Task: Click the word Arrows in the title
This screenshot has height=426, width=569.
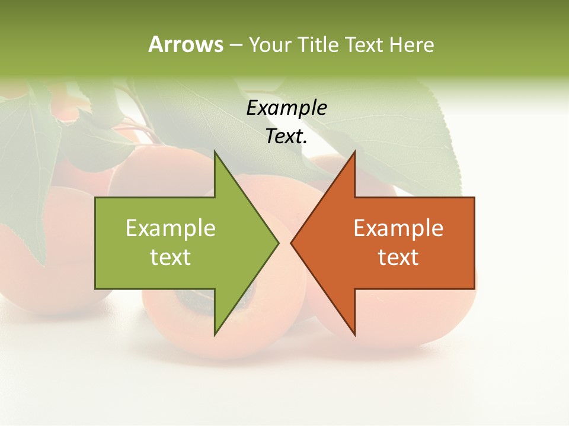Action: click(186, 44)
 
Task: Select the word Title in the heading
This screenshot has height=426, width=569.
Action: click(319, 44)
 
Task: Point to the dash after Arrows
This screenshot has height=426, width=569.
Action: click(235, 46)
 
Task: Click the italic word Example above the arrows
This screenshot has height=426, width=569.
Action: click(287, 108)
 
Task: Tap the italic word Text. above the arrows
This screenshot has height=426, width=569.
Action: click(287, 137)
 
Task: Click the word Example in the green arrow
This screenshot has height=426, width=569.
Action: click(171, 228)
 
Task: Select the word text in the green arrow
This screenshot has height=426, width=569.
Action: click(171, 257)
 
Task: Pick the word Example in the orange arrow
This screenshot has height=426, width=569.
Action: click(398, 228)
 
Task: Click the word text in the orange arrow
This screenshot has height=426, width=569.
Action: click(398, 257)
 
